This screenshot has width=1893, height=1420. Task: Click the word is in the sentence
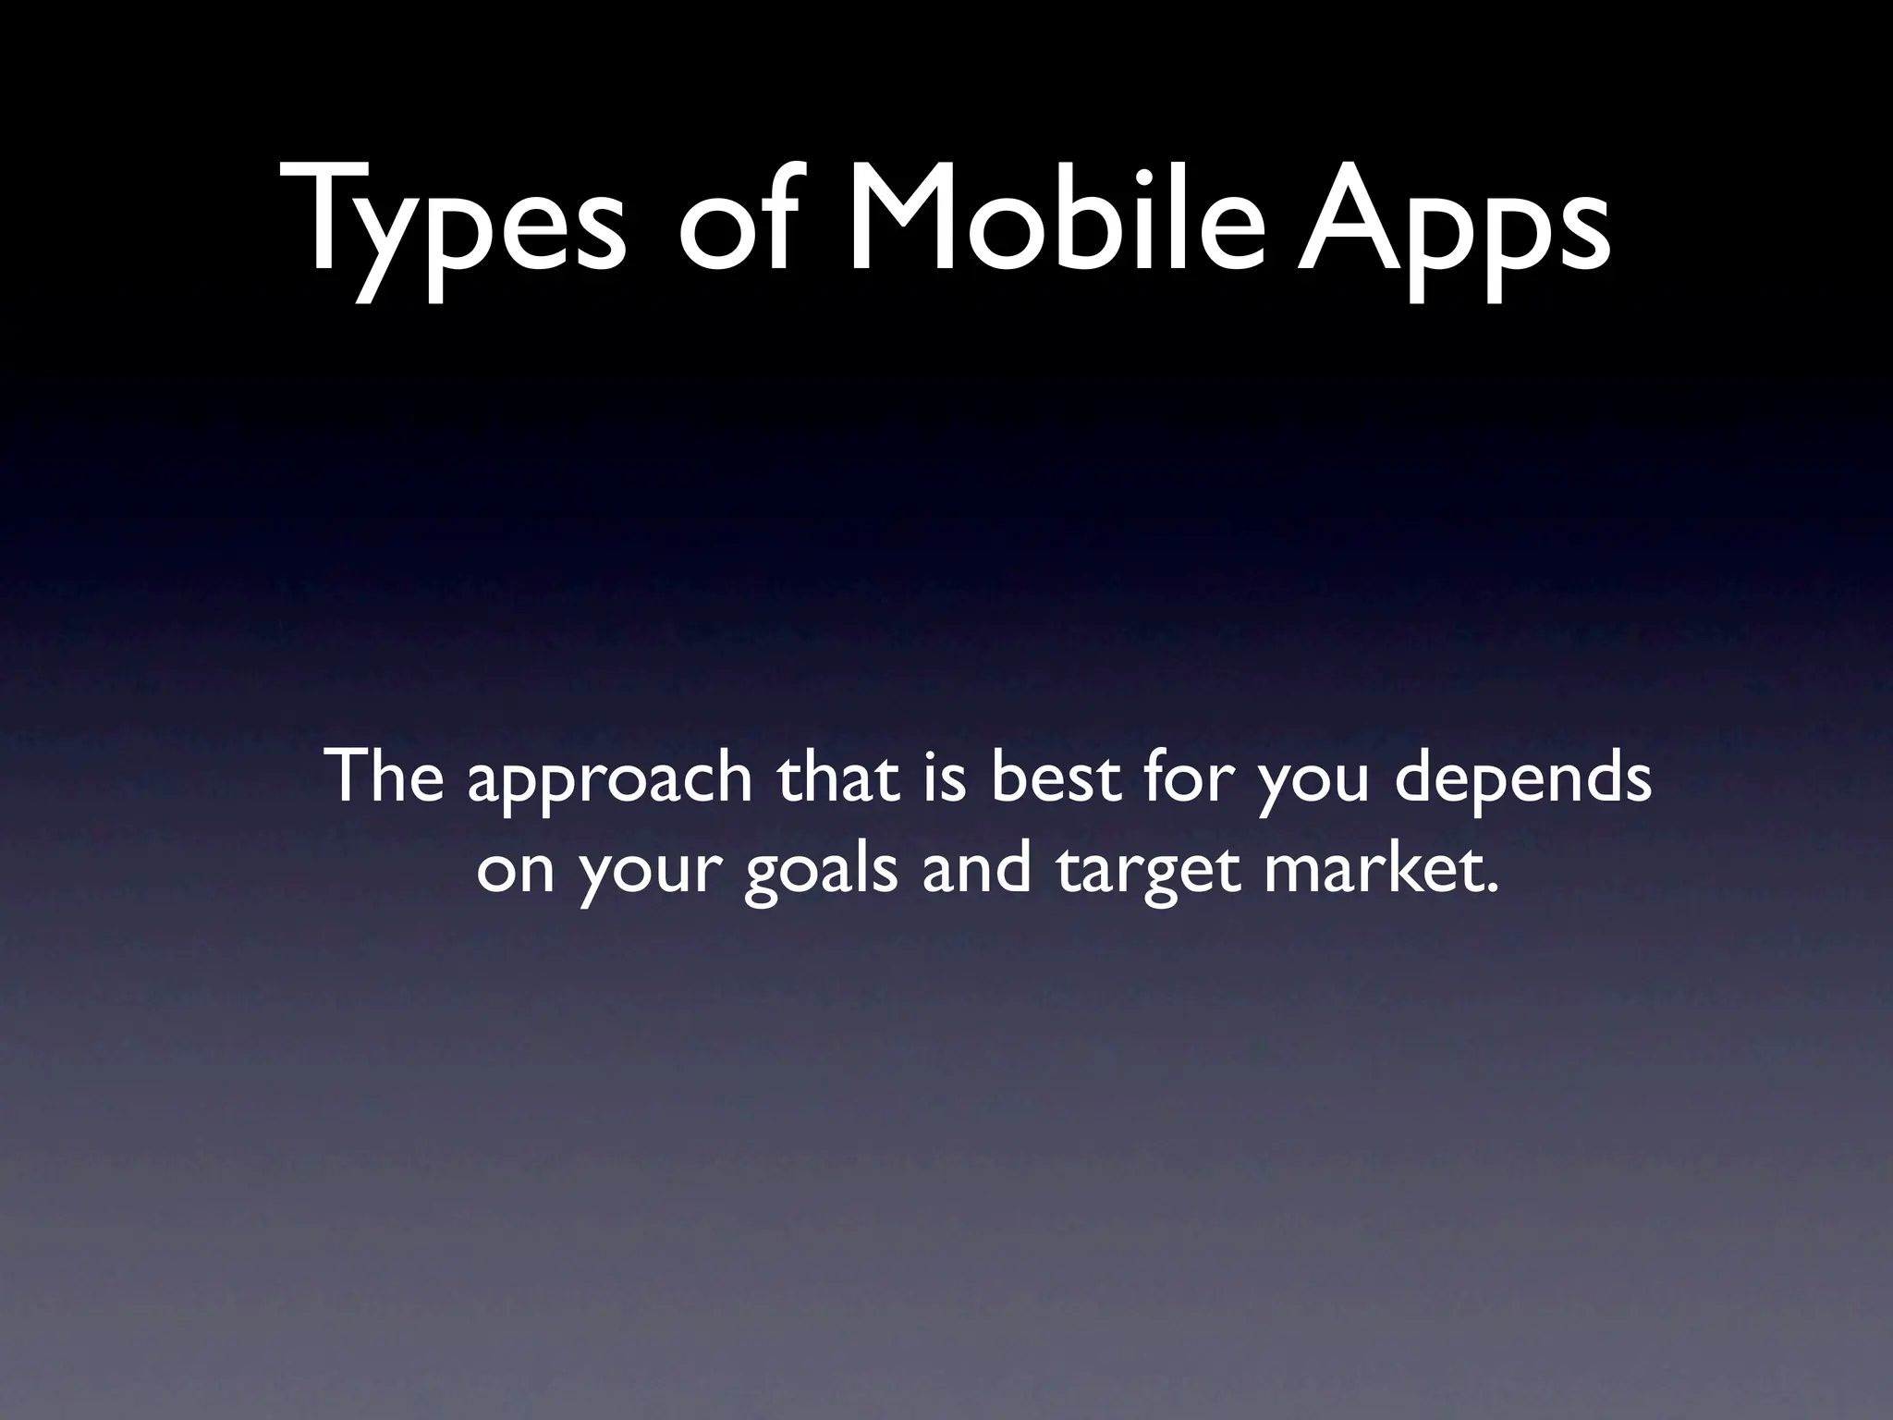944,777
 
